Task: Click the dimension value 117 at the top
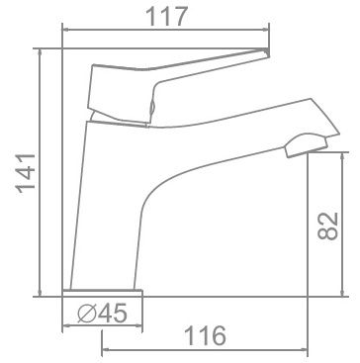pyautogui.click(x=164, y=19)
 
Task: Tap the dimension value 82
pyautogui.click(x=331, y=227)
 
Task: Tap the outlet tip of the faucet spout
pyautogui.click(x=301, y=148)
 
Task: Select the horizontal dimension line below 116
pyautogui.click(x=203, y=348)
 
